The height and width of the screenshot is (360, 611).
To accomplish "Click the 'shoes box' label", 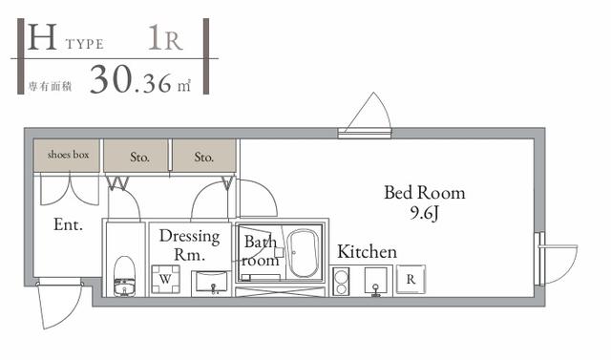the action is click(68, 155).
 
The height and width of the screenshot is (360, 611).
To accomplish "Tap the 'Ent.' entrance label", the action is click(68, 224).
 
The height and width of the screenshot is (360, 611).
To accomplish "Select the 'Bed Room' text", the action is click(425, 193).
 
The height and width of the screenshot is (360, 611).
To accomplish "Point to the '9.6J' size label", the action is click(424, 213).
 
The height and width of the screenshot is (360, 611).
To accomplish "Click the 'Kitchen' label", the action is click(367, 252).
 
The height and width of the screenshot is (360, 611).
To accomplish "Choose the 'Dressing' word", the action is click(190, 237).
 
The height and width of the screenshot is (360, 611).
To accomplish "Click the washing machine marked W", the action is click(165, 279).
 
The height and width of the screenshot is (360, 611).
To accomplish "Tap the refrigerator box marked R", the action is click(411, 279).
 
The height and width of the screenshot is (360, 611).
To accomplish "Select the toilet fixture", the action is click(125, 276).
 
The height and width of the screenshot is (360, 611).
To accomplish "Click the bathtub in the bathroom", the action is click(303, 253).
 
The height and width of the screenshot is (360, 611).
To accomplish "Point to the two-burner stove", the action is click(342, 282).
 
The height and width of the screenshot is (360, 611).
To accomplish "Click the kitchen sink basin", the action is click(375, 281).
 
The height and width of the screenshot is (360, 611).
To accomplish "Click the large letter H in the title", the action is click(42, 37).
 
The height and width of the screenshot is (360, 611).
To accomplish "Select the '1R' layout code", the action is click(165, 38).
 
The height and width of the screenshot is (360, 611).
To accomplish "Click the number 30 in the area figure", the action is click(112, 79).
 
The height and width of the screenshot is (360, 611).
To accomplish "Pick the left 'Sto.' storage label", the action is click(139, 158).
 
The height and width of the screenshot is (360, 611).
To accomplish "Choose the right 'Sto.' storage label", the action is click(203, 158).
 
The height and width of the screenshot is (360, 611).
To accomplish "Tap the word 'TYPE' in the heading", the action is click(85, 44).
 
